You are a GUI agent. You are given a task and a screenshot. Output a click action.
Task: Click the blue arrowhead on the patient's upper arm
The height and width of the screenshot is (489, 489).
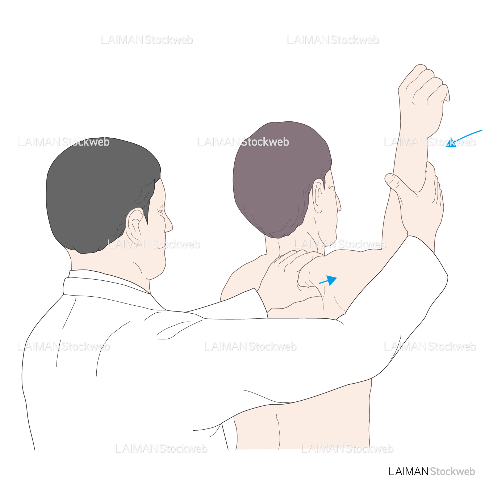(x=331, y=280)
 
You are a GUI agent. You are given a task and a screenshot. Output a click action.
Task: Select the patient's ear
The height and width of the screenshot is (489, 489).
(x=318, y=195)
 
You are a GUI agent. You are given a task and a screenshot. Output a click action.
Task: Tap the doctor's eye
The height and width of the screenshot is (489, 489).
(x=160, y=213)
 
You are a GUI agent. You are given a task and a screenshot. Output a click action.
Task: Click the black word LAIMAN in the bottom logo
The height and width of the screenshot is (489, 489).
(x=408, y=472)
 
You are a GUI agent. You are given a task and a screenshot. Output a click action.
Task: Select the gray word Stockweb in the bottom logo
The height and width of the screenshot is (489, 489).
(x=452, y=472)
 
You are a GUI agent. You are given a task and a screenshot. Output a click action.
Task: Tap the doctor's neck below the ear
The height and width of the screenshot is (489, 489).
(x=119, y=262)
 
